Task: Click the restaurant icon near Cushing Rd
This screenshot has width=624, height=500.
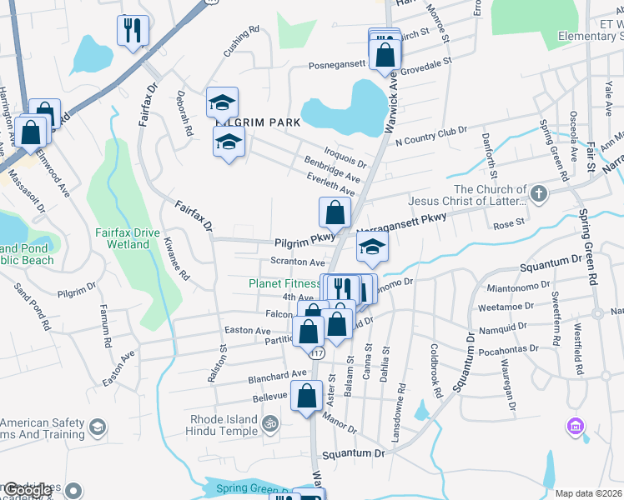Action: (132, 32)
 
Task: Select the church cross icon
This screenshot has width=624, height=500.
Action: (539, 194)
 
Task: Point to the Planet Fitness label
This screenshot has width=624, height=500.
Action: (284, 283)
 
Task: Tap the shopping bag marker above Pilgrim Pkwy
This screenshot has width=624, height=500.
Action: (335, 212)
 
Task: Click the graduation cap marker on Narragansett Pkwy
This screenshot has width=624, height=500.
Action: (373, 247)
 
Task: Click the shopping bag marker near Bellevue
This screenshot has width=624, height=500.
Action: (306, 396)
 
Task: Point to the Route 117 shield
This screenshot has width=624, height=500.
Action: (318, 353)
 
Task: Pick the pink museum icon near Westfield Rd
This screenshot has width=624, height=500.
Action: (574, 427)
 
